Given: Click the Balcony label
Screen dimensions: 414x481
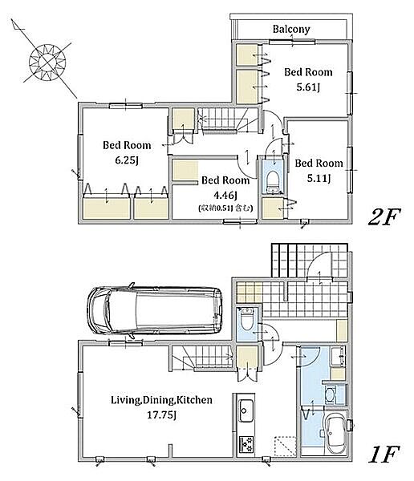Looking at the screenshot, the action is click(x=291, y=29).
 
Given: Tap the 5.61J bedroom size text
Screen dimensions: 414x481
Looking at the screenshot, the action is click(x=308, y=87).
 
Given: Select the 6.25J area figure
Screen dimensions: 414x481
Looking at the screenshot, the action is click(x=127, y=160).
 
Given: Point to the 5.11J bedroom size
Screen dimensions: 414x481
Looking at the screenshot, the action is click(x=319, y=178).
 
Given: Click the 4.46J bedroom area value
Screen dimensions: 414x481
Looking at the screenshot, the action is click(x=225, y=195).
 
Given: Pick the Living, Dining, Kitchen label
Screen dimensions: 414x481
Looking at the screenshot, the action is click(x=161, y=400).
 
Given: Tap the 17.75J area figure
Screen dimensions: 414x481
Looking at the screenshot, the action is click(x=161, y=415).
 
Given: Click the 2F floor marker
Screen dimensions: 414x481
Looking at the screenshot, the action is click(x=384, y=217).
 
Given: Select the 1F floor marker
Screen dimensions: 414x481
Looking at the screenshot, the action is click(x=384, y=454).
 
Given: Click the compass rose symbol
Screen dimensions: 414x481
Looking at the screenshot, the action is click(x=47, y=63).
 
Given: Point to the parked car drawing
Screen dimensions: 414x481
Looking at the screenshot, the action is click(x=155, y=310).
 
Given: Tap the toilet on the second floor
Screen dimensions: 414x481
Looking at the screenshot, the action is click(x=272, y=182).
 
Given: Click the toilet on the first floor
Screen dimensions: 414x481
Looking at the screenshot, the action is click(x=246, y=320).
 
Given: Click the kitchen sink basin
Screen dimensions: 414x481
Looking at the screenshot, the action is click(x=246, y=410).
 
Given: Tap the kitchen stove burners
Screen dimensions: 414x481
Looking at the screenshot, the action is click(x=246, y=443).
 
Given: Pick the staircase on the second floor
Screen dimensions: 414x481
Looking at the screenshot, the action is click(x=228, y=119).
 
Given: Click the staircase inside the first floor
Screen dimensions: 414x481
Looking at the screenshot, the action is click(x=201, y=357).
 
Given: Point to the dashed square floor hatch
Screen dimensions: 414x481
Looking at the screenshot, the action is click(x=285, y=446).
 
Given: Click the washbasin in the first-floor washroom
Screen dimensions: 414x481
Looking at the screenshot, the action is click(x=329, y=395).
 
